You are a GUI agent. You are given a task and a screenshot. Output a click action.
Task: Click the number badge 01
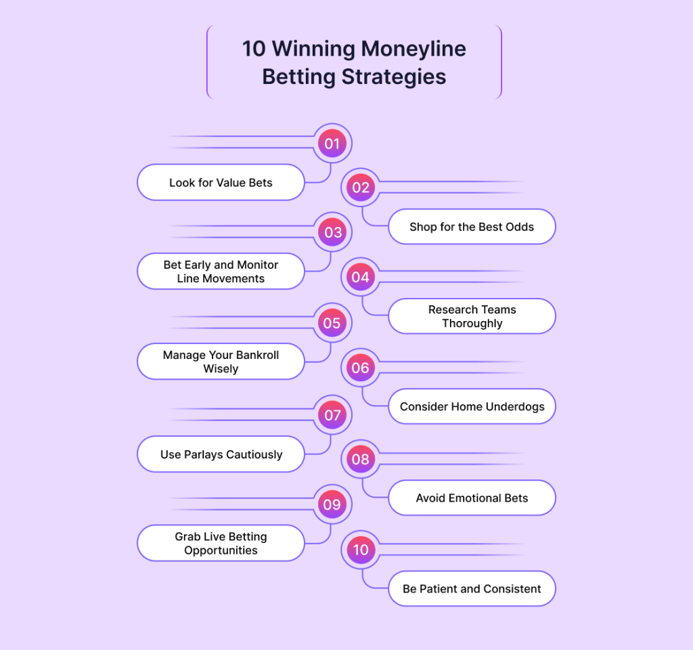(332, 144)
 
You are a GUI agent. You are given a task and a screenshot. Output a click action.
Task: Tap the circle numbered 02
(361, 188)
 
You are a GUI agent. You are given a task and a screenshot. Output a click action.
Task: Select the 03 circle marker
(332, 232)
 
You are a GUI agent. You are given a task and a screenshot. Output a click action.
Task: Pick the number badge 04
(361, 277)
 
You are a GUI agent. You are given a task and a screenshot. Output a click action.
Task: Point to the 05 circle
(332, 323)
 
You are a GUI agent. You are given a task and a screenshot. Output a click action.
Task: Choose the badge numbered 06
(361, 368)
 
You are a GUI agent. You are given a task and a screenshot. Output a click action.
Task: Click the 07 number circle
(332, 415)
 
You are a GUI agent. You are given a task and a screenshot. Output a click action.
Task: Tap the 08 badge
(361, 460)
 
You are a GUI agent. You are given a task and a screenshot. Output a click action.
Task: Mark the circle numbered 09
(332, 504)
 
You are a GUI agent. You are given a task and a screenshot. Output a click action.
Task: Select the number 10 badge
(361, 550)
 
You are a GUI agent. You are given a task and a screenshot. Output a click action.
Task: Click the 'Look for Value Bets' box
(221, 182)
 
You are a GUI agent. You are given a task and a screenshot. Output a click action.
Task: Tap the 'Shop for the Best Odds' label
(472, 227)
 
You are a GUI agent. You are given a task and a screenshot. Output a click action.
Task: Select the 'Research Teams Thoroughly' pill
(472, 316)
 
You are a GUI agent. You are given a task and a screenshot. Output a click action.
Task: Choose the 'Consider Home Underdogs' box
(472, 406)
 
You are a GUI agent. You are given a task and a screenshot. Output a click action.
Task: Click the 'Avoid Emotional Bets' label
(472, 498)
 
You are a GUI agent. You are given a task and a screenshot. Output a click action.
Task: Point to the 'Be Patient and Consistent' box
(472, 588)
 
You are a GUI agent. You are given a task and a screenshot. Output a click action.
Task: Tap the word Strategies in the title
(394, 77)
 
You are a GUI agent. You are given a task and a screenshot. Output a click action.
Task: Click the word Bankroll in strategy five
(256, 355)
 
